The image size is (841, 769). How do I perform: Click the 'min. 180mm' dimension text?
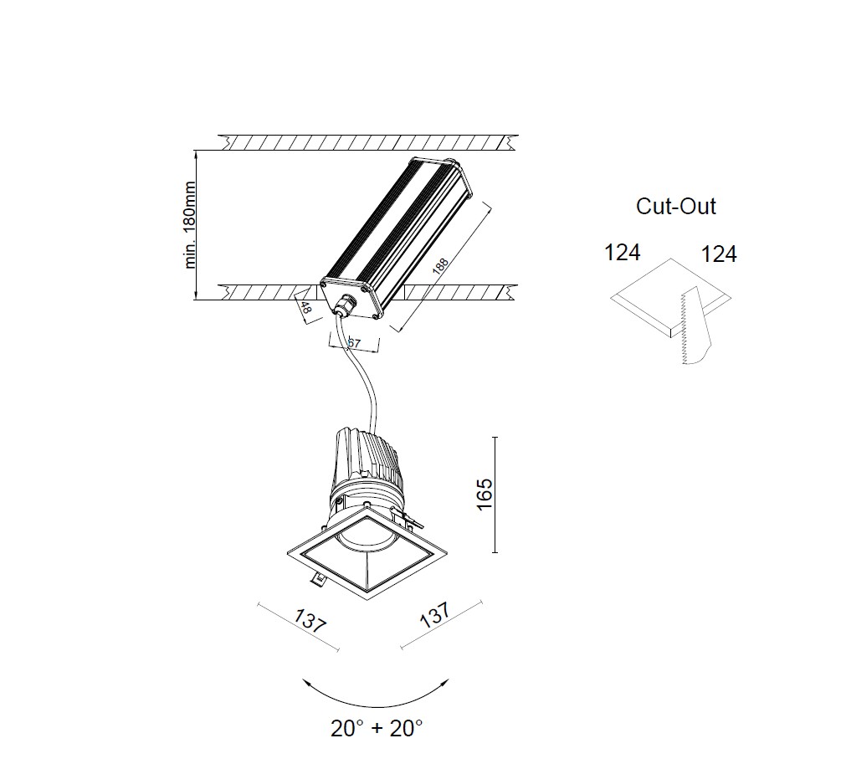190,225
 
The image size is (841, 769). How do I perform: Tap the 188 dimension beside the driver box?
440,267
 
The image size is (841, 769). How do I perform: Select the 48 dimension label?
305,308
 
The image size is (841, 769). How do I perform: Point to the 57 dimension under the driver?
355,341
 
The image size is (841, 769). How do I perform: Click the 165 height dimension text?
485,495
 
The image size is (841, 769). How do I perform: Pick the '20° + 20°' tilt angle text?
377,728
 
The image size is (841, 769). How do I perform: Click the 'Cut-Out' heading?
676,207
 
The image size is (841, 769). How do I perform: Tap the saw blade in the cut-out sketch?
696,326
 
